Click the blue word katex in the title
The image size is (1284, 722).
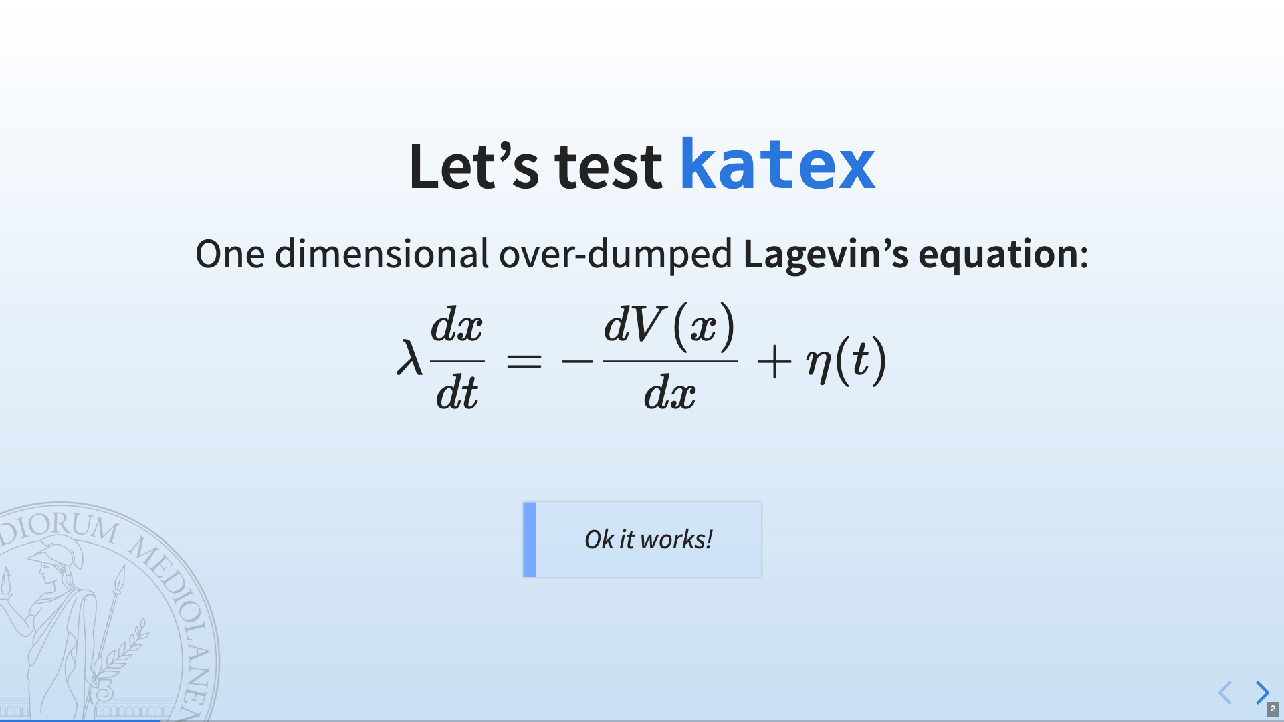click(x=778, y=164)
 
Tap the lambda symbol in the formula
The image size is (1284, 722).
click(x=409, y=358)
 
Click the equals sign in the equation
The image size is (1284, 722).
click(x=524, y=362)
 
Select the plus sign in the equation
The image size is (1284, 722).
click(x=774, y=362)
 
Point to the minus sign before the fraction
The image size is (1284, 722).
click(x=577, y=362)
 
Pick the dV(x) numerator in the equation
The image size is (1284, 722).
click(x=669, y=326)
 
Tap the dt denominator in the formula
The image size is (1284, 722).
click(x=457, y=392)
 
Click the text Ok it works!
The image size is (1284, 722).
click(x=648, y=539)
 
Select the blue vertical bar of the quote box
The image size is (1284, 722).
click(x=530, y=539)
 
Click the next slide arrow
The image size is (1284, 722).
click(x=1262, y=693)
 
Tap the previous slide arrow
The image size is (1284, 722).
click(x=1225, y=693)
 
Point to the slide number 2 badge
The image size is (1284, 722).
click(x=1273, y=709)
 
